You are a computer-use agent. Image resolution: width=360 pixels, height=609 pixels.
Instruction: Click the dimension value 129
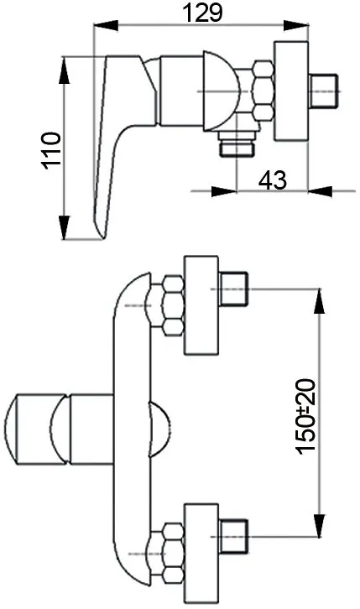(203, 13)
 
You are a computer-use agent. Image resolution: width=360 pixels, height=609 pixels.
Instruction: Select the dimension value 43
(273, 180)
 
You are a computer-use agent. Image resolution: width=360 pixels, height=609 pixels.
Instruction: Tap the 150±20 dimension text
(306, 416)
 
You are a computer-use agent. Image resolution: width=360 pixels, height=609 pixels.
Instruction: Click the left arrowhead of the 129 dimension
(106, 26)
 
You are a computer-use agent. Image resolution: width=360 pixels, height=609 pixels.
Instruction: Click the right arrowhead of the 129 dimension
(296, 26)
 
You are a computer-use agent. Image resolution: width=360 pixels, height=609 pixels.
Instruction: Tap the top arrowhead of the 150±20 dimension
(319, 301)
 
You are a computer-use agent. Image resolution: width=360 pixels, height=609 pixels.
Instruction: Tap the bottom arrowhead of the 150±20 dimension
(319, 525)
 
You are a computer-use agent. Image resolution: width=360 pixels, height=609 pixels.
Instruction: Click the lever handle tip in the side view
(102, 232)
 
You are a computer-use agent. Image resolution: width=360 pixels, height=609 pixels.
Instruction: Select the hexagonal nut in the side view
(263, 91)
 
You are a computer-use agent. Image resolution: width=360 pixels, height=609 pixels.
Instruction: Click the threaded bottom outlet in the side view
(237, 143)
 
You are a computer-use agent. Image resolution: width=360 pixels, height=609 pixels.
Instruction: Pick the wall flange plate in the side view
(291, 91)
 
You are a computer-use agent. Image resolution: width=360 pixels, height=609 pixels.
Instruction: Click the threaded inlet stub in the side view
(324, 91)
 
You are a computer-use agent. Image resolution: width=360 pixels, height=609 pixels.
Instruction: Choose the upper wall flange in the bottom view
(201, 304)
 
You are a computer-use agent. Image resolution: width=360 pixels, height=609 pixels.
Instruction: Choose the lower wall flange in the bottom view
(201, 553)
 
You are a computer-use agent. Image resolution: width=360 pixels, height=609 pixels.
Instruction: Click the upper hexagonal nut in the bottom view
(173, 305)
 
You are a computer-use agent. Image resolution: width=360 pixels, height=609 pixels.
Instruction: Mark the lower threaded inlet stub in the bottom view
(233, 537)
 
